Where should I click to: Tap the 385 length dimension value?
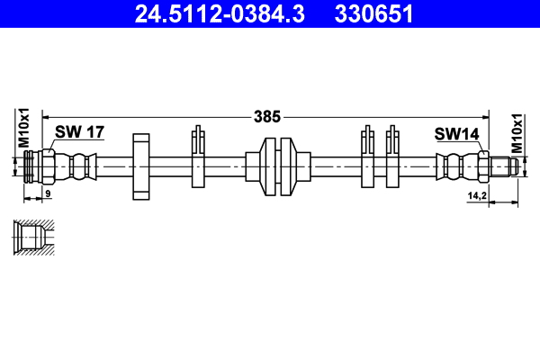pyautogui.click(x=269, y=116)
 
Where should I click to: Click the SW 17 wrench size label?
pyautogui.click(x=80, y=132)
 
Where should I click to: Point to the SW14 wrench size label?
pyautogui.click(x=456, y=133)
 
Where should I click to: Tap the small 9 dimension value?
pyautogui.click(x=48, y=193)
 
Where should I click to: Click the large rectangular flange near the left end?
pyautogui.click(x=140, y=166)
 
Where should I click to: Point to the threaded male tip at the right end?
pyautogui.click(x=504, y=166)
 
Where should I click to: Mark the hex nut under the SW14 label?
pyautogui.click(x=481, y=166)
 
